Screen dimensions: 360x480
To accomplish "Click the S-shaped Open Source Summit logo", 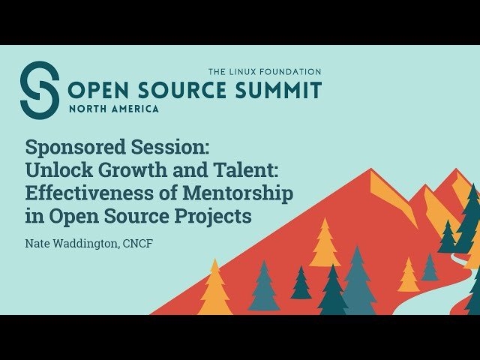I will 39,89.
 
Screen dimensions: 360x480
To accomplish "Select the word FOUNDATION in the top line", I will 293,72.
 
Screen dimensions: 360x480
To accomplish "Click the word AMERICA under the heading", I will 136,109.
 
